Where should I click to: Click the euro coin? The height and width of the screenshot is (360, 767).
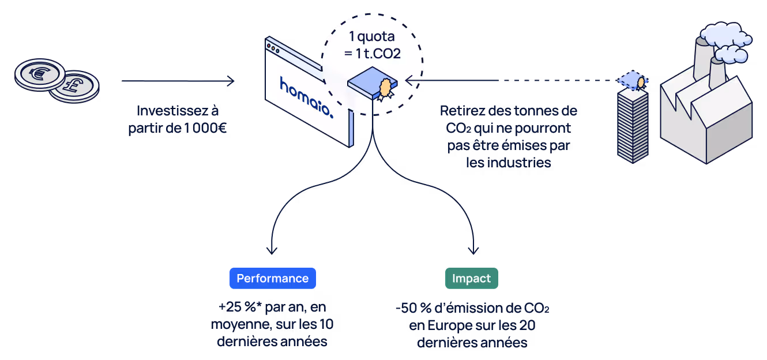(x=40, y=74)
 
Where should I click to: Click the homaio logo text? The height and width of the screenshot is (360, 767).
(x=306, y=97)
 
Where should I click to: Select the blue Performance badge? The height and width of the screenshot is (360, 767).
(x=273, y=278)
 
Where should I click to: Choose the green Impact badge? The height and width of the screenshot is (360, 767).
(x=472, y=278)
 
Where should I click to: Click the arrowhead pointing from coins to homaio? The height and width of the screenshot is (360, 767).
(x=231, y=81)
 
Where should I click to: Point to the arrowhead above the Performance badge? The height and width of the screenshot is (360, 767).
(x=272, y=250)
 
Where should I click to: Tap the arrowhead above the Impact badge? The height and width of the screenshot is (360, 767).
(x=473, y=250)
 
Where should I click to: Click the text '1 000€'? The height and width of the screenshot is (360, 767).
(x=205, y=128)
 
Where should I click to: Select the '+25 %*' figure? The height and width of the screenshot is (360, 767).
(x=237, y=307)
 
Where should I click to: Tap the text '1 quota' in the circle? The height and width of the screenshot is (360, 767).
(x=372, y=36)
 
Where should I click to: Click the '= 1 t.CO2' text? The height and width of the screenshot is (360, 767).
(x=372, y=54)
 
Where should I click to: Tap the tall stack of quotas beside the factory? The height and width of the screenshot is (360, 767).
(x=633, y=125)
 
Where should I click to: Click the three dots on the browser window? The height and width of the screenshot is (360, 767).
(x=273, y=48)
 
